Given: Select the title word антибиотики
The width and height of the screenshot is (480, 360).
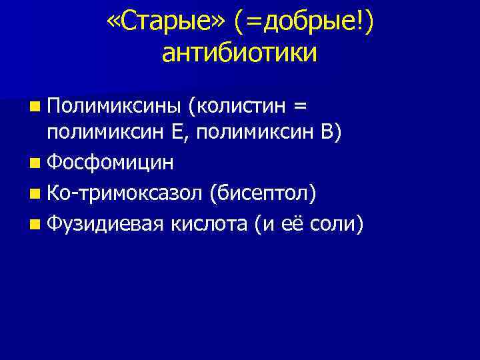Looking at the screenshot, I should point(239,53).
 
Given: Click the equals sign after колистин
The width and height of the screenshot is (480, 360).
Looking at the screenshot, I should point(302,105).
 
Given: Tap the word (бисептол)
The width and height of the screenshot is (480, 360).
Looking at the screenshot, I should point(263,193).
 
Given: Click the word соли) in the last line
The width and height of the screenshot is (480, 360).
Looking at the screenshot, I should point(339,224).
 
